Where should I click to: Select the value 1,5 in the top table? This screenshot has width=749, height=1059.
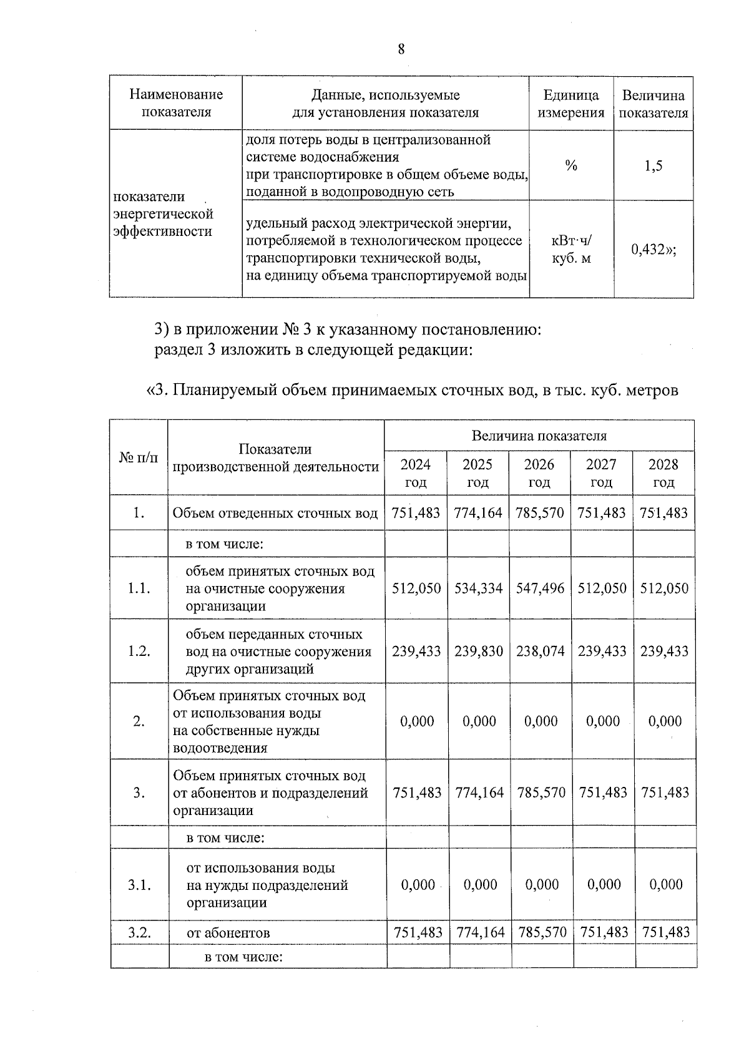(x=654, y=165)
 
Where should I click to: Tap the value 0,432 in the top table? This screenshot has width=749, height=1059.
(x=653, y=250)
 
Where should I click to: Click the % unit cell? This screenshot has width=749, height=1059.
(x=571, y=165)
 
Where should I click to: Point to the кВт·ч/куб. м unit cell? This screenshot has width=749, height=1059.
(x=571, y=249)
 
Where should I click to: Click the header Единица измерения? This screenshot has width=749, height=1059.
(x=571, y=104)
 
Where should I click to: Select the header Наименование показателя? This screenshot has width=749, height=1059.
(x=176, y=104)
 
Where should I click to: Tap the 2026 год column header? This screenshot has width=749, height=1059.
(x=539, y=473)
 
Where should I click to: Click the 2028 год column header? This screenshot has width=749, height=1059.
(x=663, y=473)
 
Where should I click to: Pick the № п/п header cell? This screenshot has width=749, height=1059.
(x=139, y=458)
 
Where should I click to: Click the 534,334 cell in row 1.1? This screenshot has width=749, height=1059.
(x=478, y=588)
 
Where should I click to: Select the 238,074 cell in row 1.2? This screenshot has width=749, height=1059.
(x=540, y=652)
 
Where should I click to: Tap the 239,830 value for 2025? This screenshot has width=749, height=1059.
(x=478, y=652)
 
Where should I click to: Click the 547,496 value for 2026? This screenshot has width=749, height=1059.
(x=540, y=588)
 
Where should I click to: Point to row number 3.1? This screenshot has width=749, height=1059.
(x=139, y=885)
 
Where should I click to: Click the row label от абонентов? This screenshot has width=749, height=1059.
(x=228, y=934)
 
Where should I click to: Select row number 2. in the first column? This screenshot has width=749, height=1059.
(x=139, y=721)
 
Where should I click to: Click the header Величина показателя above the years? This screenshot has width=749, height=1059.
(x=539, y=436)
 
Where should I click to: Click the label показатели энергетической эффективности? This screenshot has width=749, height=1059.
(x=163, y=214)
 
